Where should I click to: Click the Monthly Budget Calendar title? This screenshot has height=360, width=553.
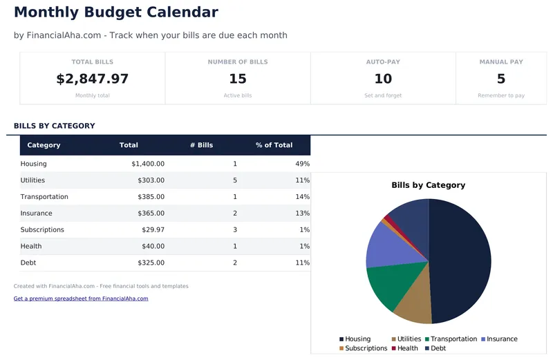pyautogui.click(x=115, y=12)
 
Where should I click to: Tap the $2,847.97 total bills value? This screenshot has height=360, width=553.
pyautogui.click(x=92, y=79)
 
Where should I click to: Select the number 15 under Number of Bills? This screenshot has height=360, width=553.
pyautogui.click(x=238, y=79)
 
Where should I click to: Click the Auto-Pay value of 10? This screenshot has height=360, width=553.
pyautogui.click(x=383, y=79)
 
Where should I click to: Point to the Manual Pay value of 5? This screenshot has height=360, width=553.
pyautogui.click(x=501, y=79)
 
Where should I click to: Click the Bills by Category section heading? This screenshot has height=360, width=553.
pyautogui.click(x=55, y=126)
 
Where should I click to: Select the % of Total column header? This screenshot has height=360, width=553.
pyautogui.click(x=274, y=145)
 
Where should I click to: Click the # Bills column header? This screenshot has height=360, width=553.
pyautogui.click(x=202, y=145)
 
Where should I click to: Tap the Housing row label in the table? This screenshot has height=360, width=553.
pyautogui.click(x=34, y=164)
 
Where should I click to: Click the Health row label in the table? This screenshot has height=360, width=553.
pyautogui.click(x=31, y=246)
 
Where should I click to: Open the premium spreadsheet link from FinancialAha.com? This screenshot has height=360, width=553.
pyautogui.click(x=81, y=299)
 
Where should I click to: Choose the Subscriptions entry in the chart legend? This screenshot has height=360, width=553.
pyautogui.click(x=363, y=348)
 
